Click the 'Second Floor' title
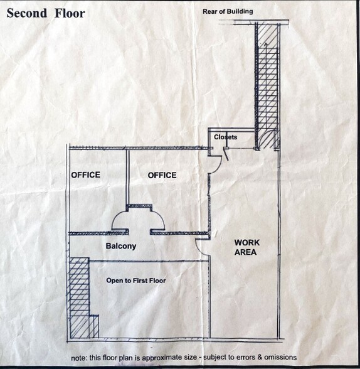pyautogui.click(x=46, y=13)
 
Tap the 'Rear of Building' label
pyautogui.click(x=228, y=11)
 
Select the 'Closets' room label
pyautogui.click(x=226, y=137)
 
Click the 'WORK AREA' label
pyautogui.click(x=246, y=247)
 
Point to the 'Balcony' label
pyautogui.click(x=121, y=246)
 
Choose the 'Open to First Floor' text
pyautogui.click(x=136, y=281)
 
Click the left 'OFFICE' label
pyautogui.click(x=85, y=175)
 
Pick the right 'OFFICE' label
pyautogui.click(x=162, y=175)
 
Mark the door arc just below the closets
pyautogui.click(x=218, y=166)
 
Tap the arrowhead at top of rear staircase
pyautogui.click(x=266, y=44)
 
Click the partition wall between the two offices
pyautogui.click(x=127, y=178)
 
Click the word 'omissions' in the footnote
pyautogui.click(x=280, y=357)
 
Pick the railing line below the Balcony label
pyautogui.click(x=149, y=261)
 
